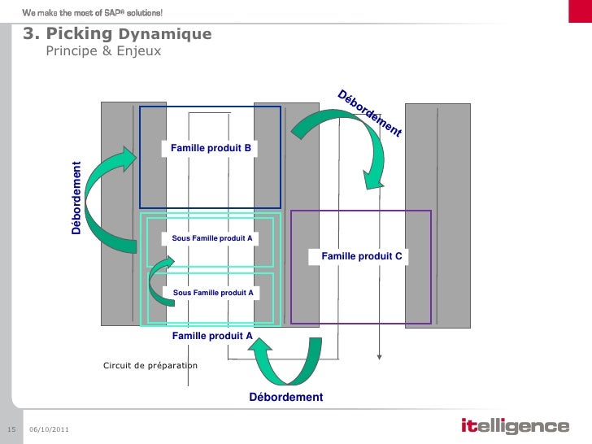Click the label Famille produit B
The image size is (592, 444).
point(211,148)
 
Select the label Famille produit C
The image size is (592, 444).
point(362,256)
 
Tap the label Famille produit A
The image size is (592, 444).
point(211,335)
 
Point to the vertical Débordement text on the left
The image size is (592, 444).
point(76,199)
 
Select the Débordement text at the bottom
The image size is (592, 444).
point(285,397)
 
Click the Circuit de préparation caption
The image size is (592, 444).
point(150,366)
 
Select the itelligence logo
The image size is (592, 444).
point(515,426)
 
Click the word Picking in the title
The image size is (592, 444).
point(80,34)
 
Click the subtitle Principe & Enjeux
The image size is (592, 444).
point(103,52)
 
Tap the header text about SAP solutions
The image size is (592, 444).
point(93,12)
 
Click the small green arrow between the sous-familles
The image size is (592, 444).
point(159,280)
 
